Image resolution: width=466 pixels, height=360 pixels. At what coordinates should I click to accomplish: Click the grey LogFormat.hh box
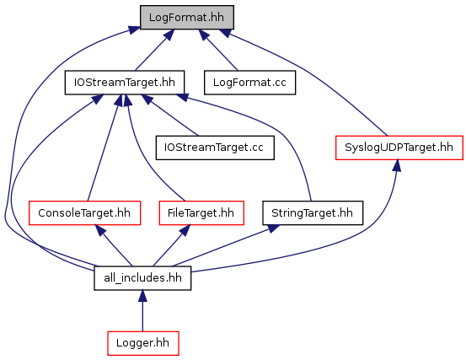[187, 17]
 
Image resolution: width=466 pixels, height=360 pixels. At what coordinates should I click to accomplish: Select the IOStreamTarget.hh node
[125, 83]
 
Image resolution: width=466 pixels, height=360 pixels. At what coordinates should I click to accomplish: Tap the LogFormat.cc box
[249, 83]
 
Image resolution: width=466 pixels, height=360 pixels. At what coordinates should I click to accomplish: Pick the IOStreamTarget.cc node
[215, 148]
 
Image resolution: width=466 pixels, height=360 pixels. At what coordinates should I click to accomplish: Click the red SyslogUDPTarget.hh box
[399, 148]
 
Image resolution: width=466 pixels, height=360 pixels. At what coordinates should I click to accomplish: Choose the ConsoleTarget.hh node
[84, 212]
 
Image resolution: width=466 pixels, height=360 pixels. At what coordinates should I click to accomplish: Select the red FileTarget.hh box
[201, 212]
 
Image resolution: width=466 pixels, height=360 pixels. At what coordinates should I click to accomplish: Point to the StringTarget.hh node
[313, 212]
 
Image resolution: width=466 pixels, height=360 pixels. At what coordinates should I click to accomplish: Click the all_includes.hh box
[142, 278]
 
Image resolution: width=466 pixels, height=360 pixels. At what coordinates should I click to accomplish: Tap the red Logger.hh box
[143, 343]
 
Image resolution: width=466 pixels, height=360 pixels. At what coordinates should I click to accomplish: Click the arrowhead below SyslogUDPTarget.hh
[396, 165]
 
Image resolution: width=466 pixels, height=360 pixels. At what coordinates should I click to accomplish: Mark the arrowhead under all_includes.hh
[142, 296]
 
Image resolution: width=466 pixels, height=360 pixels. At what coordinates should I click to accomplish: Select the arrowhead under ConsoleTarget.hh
[100, 230]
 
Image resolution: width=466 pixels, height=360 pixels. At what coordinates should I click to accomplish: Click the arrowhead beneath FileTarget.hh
[185, 230]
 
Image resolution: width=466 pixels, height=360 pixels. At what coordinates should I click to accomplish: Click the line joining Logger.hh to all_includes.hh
[142, 317]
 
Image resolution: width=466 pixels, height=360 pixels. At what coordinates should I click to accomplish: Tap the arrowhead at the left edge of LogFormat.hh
[134, 30]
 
